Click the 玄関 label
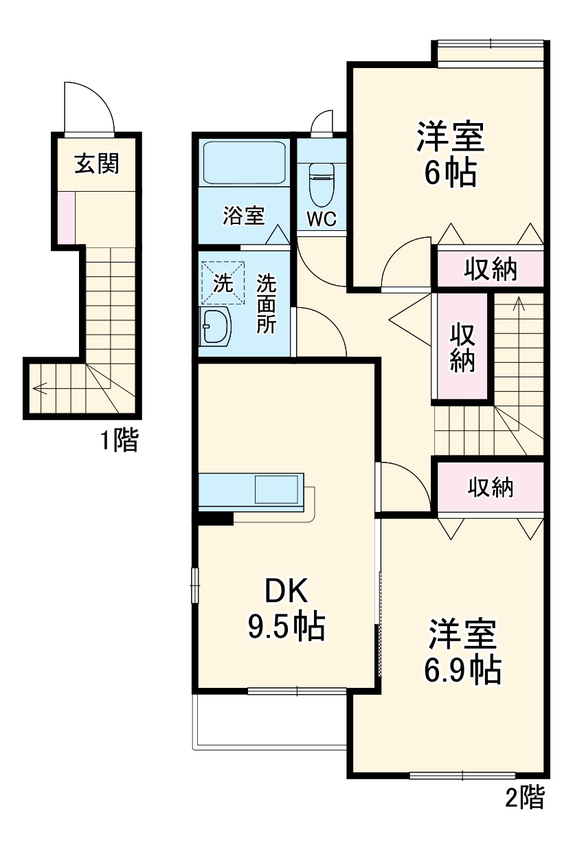click(x=97, y=164)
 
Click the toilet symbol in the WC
click(x=322, y=184)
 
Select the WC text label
click(x=322, y=219)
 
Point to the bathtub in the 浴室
click(x=245, y=162)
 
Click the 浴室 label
click(x=244, y=215)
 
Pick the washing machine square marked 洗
click(x=223, y=282)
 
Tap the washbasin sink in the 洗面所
click(x=215, y=326)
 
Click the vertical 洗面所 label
click(x=267, y=304)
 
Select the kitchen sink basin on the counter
click(x=276, y=489)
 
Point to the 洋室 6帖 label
click(x=451, y=153)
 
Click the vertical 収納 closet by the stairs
click(x=462, y=346)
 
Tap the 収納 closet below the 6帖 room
click(x=491, y=269)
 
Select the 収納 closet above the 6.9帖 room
click(x=491, y=488)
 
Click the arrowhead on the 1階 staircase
click(x=39, y=388)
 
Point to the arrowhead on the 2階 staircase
click(x=519, y=303)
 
